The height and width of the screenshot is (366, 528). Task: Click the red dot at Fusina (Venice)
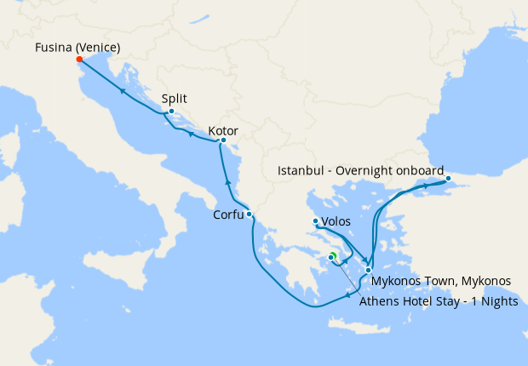79,60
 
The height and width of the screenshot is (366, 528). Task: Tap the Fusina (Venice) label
77,46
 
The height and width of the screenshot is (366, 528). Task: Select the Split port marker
171,112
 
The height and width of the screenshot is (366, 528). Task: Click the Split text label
175,98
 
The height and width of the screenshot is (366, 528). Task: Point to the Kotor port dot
223,140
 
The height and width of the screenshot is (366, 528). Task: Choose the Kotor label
222,131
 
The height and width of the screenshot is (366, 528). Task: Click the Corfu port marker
249,214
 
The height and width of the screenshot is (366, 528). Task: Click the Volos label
336,223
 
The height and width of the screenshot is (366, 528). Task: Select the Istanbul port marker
448,179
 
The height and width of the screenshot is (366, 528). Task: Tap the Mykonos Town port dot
368,270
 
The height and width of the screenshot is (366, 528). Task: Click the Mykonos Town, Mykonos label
440,280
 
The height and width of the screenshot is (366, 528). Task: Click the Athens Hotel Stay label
438,300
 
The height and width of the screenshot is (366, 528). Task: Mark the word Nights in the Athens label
497,300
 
